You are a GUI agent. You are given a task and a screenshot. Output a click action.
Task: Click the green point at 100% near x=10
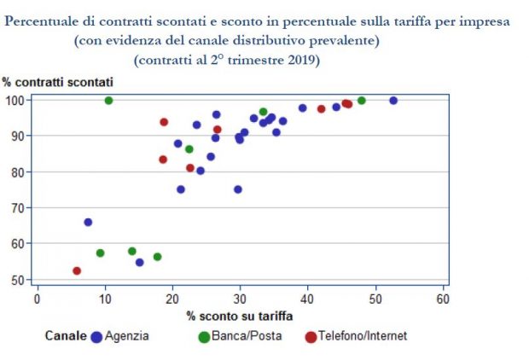(108, 100)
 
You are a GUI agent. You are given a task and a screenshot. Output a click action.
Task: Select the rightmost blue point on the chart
(393, 100)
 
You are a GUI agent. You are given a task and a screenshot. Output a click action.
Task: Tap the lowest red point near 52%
(77, 270)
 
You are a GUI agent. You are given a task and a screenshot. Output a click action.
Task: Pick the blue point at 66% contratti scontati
(88, 222)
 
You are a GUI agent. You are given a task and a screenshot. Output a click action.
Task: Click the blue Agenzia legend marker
(96, 336)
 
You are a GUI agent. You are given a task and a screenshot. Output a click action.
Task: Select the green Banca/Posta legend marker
(204, 336)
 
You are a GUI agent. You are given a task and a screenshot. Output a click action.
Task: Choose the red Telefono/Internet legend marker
(311, 336)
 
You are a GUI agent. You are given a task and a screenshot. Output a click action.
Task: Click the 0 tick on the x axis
(37, 299)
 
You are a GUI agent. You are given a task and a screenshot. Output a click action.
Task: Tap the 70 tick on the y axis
(20, 207)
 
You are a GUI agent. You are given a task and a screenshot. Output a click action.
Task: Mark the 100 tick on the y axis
(17, 100)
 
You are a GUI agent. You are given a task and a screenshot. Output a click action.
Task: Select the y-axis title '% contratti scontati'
(57, 83)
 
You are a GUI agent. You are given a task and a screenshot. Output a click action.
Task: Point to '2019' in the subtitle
(304, 60)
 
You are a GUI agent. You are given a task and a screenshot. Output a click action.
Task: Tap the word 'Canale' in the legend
(65, 336)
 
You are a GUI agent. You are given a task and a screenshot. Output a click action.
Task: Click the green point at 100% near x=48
(362, 100)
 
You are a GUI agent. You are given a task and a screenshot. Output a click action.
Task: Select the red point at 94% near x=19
(164, 122)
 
